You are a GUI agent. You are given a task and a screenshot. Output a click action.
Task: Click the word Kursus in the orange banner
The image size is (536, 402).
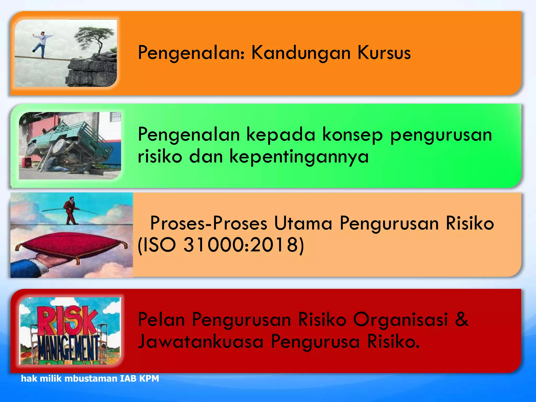click(384, 53)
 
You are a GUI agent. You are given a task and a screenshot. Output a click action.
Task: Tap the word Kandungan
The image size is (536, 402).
click(301, 53)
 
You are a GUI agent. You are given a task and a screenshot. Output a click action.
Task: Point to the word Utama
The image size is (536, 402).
click(303, 223)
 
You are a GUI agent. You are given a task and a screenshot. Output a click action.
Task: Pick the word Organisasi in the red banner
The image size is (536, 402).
click(400, 319)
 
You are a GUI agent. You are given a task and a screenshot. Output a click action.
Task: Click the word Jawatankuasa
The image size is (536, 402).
click(200, 342)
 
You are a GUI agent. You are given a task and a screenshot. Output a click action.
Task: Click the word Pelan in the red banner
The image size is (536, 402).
click(161, 319)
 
